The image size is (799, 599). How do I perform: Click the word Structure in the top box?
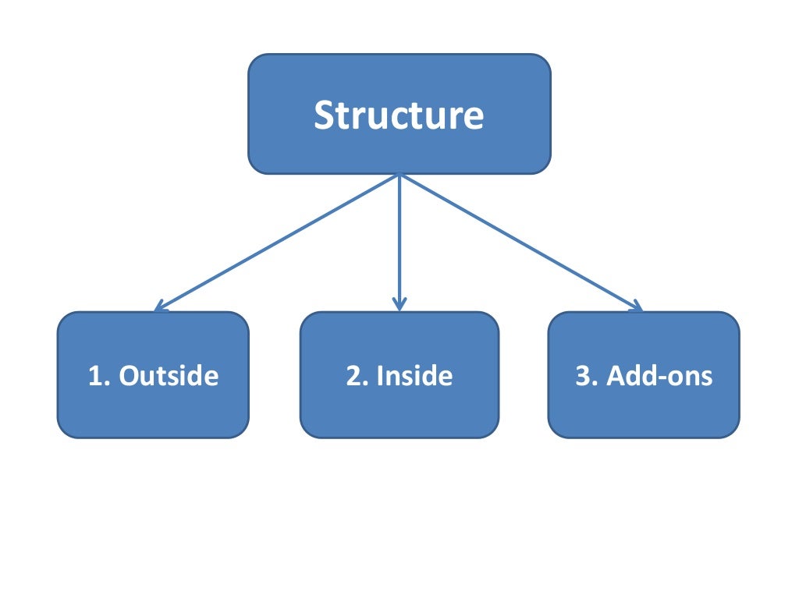click(x=399, y=115)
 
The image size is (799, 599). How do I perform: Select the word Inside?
click(x=414, y=376)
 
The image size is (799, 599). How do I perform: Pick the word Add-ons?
click(x=659, y=376)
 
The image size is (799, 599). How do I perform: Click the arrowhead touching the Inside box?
click(x=399, y=306)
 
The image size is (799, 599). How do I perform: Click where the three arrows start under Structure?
click(x=399, y=175)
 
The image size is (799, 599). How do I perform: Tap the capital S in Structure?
click(x=323, y=115)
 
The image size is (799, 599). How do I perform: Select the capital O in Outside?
click(x=130, y=376)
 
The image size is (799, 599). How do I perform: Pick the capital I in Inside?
click(x=380, y=376)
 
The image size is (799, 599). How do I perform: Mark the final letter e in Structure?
click(x=474, y=118)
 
